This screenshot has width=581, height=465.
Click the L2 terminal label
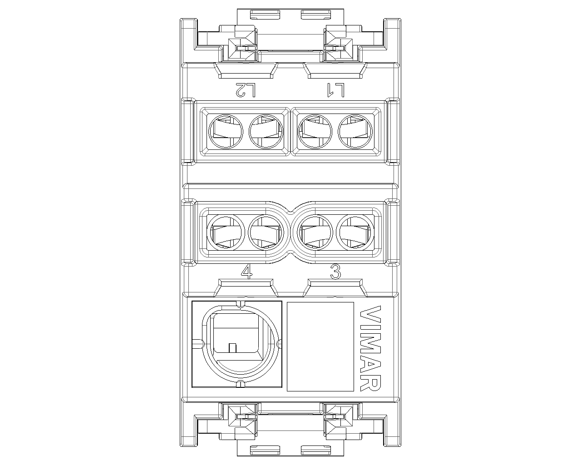pos(245,90)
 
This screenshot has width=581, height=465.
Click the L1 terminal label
pos(335,90)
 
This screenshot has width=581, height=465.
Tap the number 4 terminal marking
pos(246,272)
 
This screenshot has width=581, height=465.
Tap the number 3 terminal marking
pos(335,272)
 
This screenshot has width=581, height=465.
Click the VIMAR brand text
pos(370,348)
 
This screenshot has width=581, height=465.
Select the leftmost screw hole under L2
pos(226,132)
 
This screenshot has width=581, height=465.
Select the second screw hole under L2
pos(266,132)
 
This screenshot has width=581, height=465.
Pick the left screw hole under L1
pos(315,132)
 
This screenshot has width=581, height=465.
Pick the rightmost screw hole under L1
pos(355,132)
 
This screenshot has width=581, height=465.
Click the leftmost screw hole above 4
pos(226,232)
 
